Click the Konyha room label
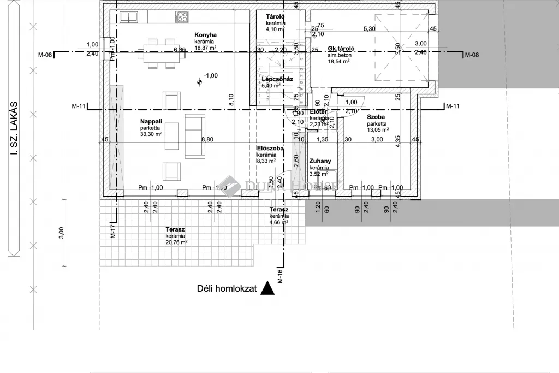click(206, 35)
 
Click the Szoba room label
click(376, 117)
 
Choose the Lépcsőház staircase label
click(277, 79)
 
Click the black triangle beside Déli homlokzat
click(267, 288)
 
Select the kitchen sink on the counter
click(129, 17)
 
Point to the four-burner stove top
click(182, 17)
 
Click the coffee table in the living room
click(172, 136)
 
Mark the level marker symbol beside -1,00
click(199, 81)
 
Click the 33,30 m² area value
click(151, 135)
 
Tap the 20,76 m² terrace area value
click(176, 242)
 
